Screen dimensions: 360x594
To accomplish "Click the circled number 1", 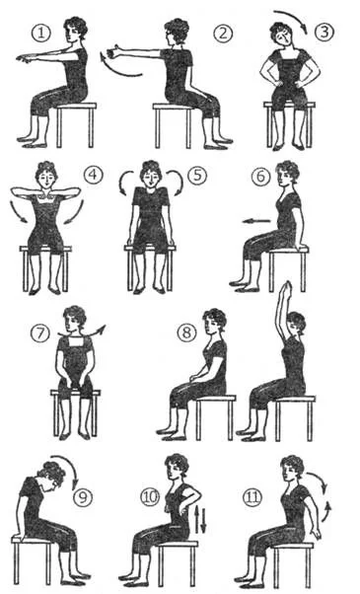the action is (40, 33).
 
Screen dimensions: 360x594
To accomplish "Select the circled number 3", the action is (324, 32).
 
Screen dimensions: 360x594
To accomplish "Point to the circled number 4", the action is (93, 176).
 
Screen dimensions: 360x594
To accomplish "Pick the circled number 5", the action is (197, 177).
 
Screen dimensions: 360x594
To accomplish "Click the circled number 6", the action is (261, 178).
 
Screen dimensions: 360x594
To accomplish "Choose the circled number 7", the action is (40, 334).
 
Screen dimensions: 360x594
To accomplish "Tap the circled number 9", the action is (83, 497).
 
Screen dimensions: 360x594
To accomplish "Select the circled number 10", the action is (150, 497).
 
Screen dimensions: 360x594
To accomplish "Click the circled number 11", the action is (252, 497).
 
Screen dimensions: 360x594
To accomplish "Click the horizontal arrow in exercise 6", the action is (256, 220).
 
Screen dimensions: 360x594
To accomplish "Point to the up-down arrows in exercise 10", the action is (200, 519).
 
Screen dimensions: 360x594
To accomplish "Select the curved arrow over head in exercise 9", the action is (67, 463).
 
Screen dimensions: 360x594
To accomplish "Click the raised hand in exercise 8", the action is (287, 287).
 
